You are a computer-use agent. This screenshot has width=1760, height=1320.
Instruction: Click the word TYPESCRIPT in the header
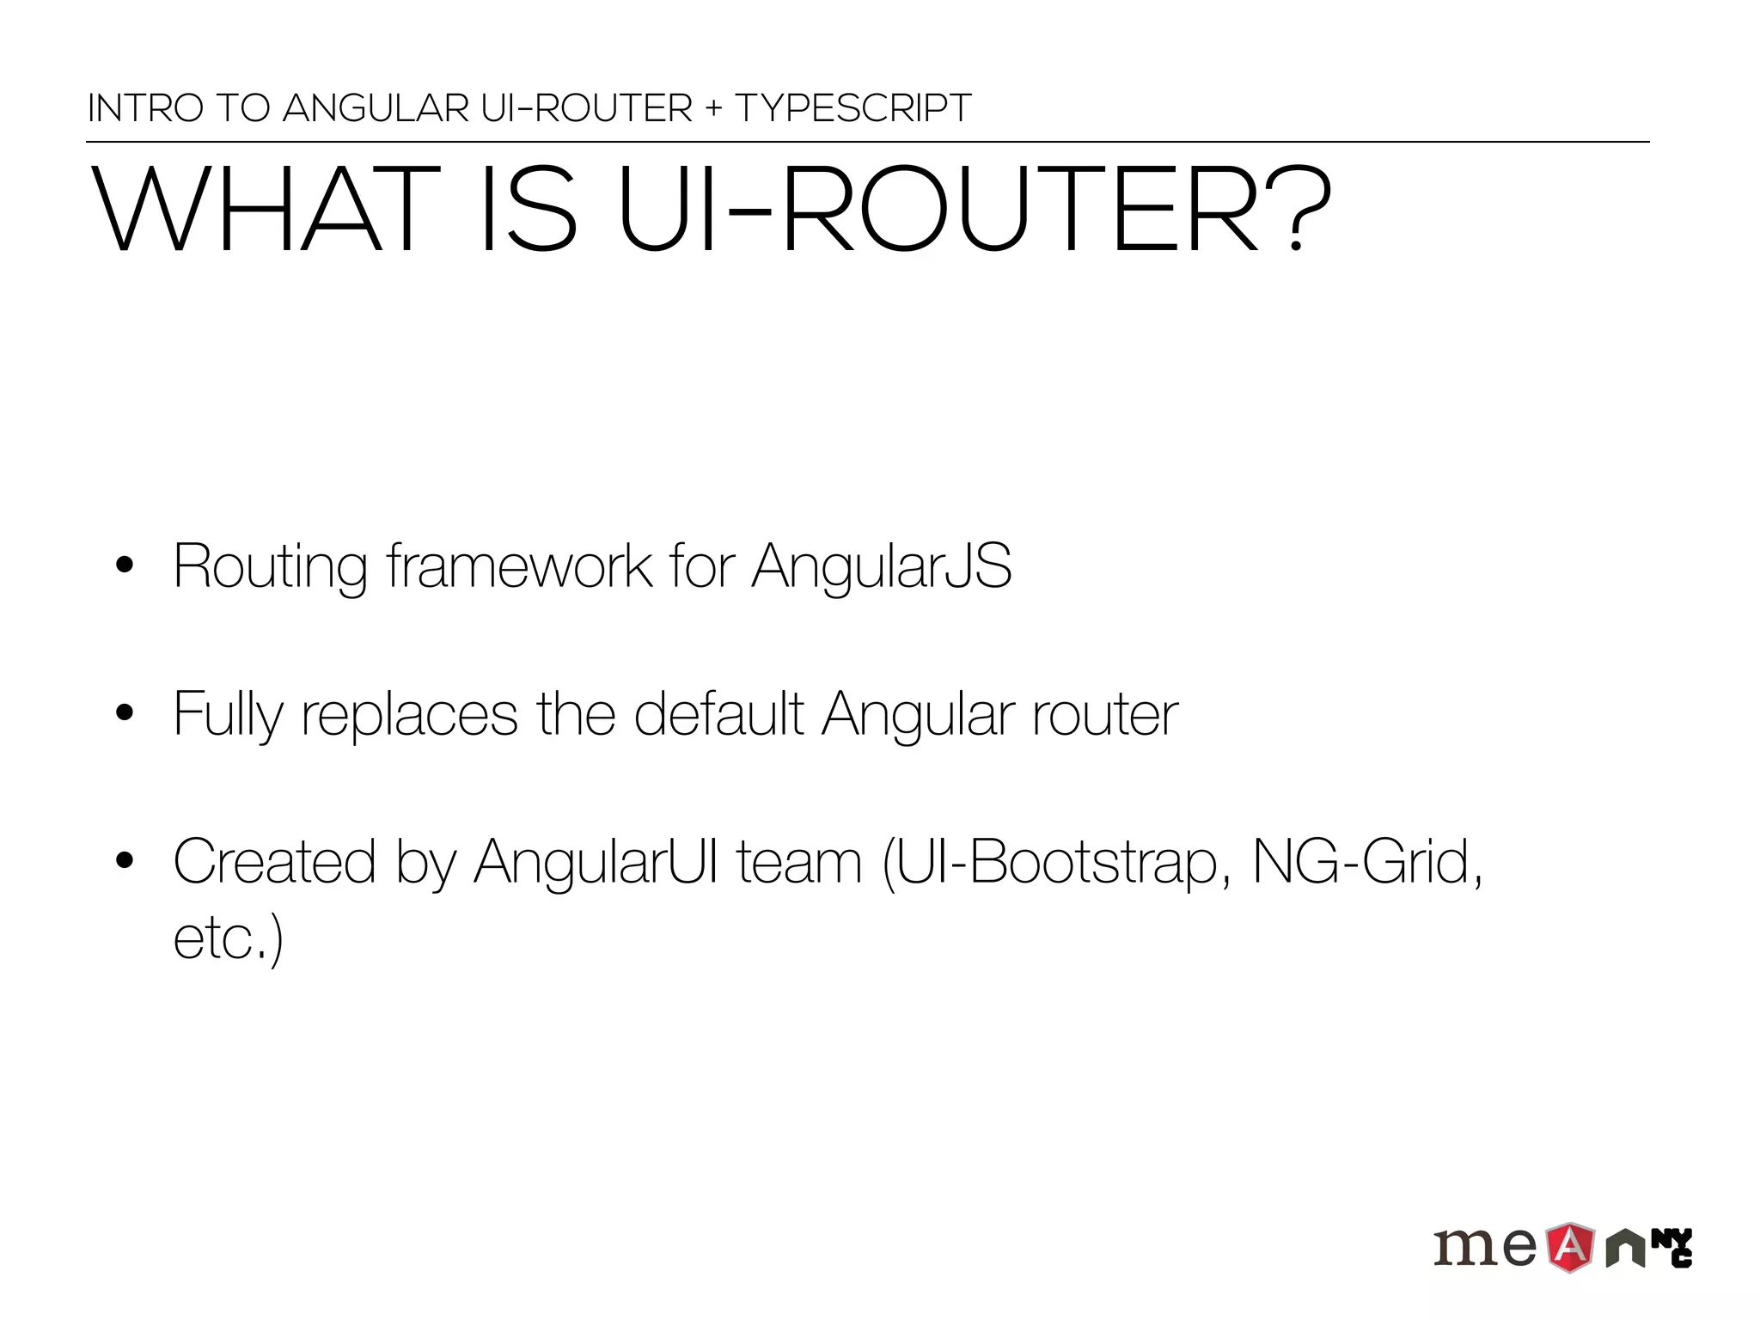852,109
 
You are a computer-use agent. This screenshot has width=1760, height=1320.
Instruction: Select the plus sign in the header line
713,109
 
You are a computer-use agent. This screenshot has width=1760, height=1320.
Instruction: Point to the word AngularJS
882,567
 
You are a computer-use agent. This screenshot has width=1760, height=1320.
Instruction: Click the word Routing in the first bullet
270,567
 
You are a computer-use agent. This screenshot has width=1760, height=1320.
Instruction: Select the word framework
519,567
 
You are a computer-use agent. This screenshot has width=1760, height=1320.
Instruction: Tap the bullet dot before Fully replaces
125,713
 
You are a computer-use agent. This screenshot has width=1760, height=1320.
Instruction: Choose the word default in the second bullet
718,713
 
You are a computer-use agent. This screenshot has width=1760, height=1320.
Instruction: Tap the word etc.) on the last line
228,938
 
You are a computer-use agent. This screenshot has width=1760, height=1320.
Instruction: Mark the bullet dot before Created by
125,860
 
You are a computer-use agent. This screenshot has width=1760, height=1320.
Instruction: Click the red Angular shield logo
1571,1247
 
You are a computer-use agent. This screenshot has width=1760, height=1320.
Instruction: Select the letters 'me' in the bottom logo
1485,1247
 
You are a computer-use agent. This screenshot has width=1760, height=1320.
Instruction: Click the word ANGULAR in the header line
376,109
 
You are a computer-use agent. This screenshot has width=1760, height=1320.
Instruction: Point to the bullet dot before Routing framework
125,565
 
